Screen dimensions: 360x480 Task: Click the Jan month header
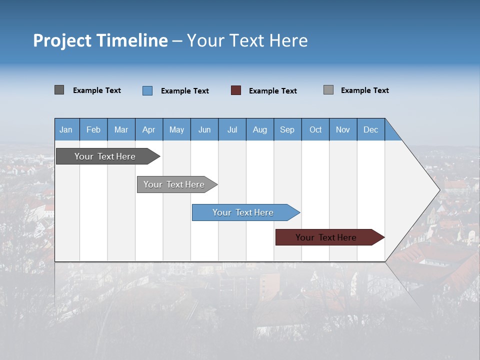coord(66,130)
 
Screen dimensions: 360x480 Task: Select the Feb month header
coord(93,130)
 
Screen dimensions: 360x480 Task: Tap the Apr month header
coord(149,130)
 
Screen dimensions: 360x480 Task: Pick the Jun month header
coord(204,130)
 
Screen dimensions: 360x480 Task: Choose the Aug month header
coord(260,130)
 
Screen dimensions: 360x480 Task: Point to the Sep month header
coord(287,130)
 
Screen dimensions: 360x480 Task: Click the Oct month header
coord(315,130)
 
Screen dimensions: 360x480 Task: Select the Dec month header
coord(371,130)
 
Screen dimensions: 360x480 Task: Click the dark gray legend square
coord(59,90)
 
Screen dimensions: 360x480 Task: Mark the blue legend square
coord(147,90)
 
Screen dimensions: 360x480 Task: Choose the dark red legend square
coord(236,90)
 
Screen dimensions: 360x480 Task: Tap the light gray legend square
coord(328,90)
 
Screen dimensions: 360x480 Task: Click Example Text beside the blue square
coord(185,91)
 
